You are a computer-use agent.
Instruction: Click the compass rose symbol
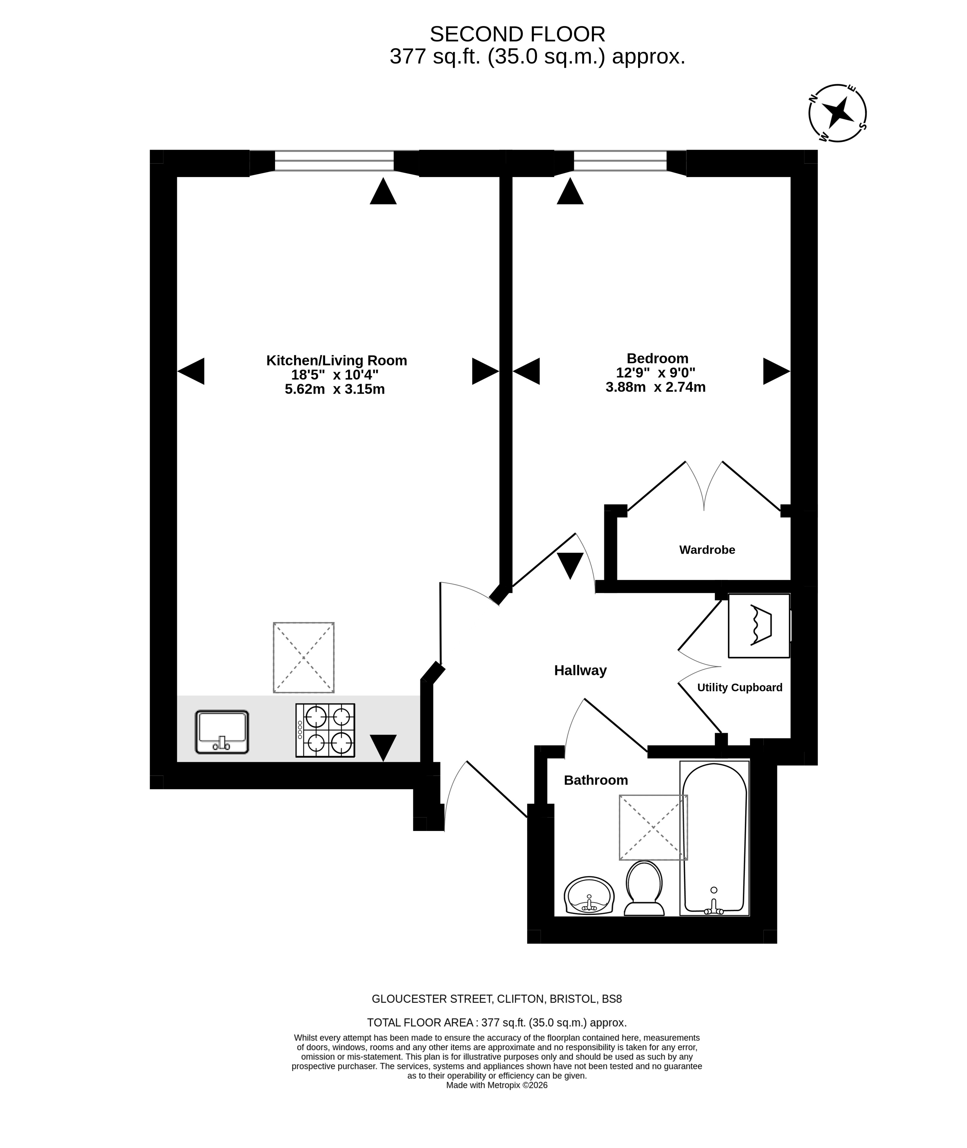coord(838,113)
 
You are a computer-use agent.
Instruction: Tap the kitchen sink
coord(222,732)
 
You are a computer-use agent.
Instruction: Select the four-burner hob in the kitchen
coord(325,730)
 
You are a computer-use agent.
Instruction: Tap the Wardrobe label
coord(707,550)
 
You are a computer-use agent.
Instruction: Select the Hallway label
coord(581,670)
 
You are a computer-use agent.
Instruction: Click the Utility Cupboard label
coord(739,687)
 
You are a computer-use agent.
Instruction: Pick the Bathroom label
coord(596,780)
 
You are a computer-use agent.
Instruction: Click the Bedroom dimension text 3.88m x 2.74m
coord(656,387)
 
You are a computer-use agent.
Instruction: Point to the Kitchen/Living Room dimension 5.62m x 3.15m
coord(335,390)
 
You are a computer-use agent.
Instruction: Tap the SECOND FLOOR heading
coord(517,34)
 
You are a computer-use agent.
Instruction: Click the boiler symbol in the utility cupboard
coord(759,625)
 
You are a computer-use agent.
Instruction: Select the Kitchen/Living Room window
coord(335,161)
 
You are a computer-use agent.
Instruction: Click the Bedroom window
coord(620,161)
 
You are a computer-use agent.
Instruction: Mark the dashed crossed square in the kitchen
coord(304,657)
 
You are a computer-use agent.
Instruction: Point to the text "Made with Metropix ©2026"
coord(497,1085)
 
